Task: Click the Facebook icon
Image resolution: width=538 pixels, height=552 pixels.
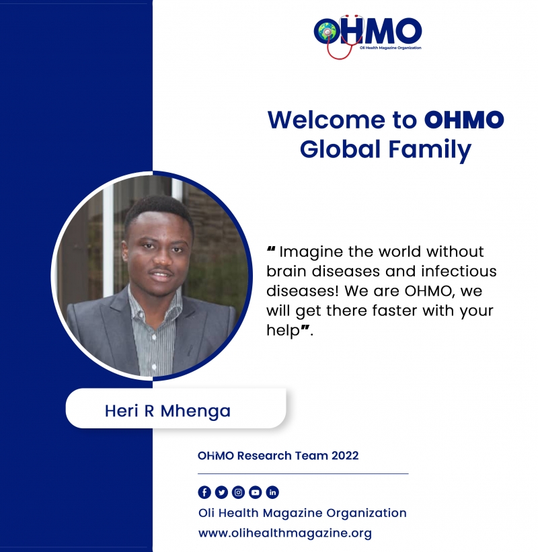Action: click(204, 492)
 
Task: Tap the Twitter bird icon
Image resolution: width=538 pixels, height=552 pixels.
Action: click(221, 492)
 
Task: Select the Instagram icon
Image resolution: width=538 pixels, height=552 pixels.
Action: click(238, 492)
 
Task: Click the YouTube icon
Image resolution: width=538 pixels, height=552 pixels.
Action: click(256, 492)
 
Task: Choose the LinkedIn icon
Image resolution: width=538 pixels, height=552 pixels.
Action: click(272, 492)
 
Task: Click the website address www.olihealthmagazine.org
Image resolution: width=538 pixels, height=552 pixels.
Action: click(285, 533)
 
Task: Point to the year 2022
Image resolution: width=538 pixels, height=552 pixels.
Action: click(345, 456)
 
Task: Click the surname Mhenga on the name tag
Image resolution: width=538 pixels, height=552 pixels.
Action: click(196, 411)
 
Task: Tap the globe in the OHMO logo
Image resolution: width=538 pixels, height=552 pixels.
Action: click(325, 32)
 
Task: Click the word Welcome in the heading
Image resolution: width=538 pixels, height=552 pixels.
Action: click(326, 120)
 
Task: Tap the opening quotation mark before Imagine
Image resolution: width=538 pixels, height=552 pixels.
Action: click(271, 249)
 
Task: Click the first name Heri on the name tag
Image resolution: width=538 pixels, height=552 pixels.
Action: click(122, 411)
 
